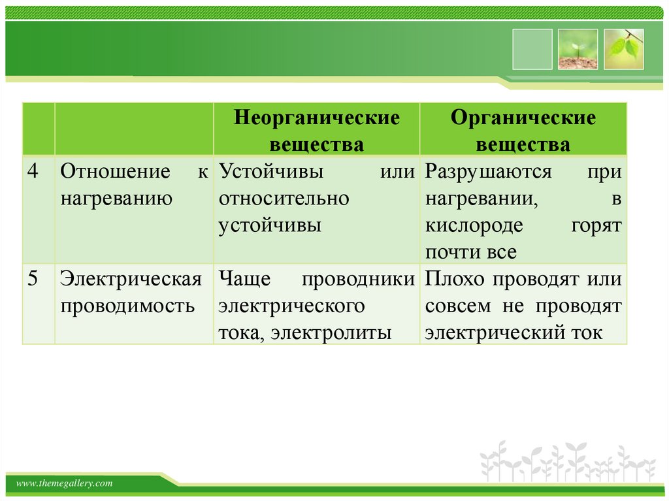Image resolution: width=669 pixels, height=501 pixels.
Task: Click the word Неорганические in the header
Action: [317, 118]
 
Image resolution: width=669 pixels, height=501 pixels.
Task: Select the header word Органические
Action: [523, 118]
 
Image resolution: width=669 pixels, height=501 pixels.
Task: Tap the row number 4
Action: [33, 171]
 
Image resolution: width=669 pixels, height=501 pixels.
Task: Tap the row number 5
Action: [33, 278]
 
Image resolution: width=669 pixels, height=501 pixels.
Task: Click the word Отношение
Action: [115, 171]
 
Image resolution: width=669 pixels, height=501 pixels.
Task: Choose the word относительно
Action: [284, 199]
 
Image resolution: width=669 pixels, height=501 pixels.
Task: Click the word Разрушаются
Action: [489, 172]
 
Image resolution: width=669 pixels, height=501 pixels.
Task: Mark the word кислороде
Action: [474, 226]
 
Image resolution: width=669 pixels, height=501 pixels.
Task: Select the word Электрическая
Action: [131, 279]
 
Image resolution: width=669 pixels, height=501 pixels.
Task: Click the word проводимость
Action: [127, 306]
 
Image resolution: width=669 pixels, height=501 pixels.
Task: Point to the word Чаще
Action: [244, 279]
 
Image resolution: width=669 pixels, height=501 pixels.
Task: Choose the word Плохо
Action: [455, 279]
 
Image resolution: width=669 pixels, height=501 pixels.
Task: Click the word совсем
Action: [458, 306]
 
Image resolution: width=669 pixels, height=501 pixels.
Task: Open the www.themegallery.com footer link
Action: [65, 483]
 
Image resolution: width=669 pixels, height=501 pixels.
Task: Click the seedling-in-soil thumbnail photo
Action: [578, 49]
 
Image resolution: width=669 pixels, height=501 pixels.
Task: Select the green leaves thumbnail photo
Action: [624, 49]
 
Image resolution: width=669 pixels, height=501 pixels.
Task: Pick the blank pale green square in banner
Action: [532, 49]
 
